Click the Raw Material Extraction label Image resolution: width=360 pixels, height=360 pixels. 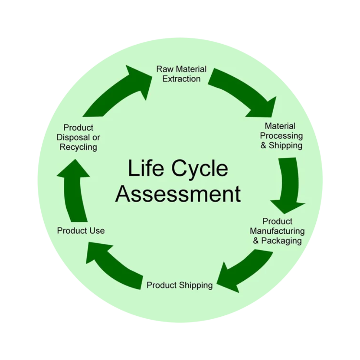click(181, 74)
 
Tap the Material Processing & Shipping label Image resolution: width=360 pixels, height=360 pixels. click(281, 136)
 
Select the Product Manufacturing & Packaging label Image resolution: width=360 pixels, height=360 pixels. click(277, 231)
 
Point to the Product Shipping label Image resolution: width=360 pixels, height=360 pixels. click(180, 285)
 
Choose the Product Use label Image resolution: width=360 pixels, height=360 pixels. click(81, 230)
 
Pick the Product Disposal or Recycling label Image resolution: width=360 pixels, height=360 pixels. click(78, 137)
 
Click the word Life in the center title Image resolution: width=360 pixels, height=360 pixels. click(144, 169)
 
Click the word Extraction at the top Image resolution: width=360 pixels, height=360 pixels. click(181, 78)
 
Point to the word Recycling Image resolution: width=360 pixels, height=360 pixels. click(78, 147)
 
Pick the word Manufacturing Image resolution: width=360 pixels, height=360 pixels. click(277, 231)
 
